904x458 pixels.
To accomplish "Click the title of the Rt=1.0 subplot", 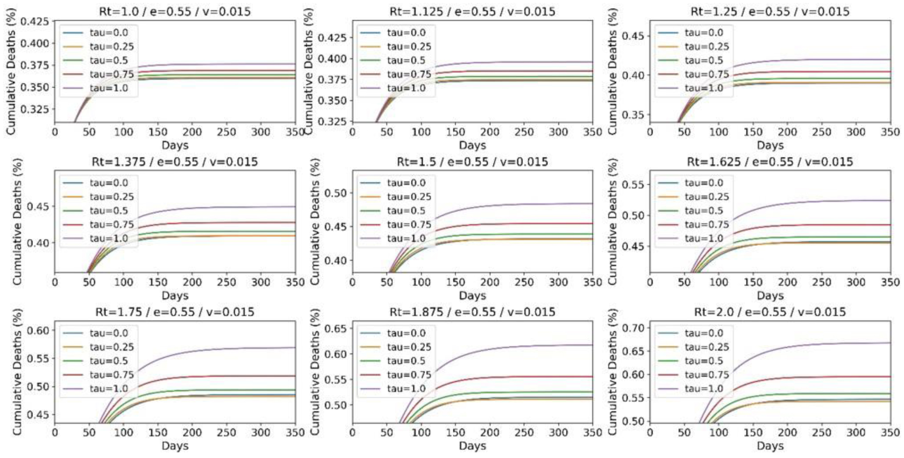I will (175, 11).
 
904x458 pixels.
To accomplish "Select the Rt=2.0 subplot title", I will (770, 312).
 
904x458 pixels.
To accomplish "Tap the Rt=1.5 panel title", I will (472, 161).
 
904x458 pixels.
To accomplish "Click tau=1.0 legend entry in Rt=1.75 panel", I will (108, 388).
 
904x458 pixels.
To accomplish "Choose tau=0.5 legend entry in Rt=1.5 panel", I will (406, 210).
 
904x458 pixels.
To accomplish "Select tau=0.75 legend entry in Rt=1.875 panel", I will (409, 375).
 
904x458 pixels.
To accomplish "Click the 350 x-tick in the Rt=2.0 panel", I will (890, 433).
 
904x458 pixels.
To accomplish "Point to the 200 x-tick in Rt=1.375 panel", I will (192, 282).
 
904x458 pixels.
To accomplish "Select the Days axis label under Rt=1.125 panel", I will (472, 145).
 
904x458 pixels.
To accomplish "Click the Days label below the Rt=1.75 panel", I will (175, 446).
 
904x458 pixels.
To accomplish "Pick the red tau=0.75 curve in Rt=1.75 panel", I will (223, 376).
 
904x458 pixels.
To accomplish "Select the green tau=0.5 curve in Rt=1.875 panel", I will (513, 392).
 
